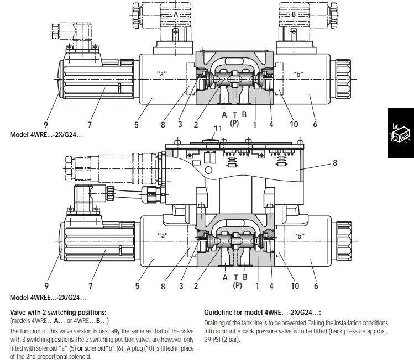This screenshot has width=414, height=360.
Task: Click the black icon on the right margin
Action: click(x=401, y=133)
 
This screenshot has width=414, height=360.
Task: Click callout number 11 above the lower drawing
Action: click(x=218, y=129)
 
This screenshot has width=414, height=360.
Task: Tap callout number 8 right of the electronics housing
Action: click(x=335, y=163)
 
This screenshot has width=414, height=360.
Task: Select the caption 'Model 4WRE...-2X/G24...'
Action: click(x=46, y=135)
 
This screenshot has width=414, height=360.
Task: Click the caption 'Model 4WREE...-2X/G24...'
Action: click(x=48, y=298)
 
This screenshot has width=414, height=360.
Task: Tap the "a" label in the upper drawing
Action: click(x=162, y=74)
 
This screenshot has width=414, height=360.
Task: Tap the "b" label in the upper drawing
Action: click(x=299, y=74)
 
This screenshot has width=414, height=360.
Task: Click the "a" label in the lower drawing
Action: click(x=163, y=236)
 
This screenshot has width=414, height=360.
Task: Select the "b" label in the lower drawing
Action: click(x=299, y=236)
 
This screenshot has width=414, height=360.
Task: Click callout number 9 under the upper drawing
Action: click(x=46, y=124)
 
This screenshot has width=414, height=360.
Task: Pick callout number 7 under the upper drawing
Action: click(x=90, y=124)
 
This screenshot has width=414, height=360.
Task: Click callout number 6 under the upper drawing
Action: click(x=315, y=124)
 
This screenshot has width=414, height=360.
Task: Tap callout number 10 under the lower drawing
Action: click(x=295, y=285)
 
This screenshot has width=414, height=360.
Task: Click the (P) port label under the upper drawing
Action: click(x=235, y=124)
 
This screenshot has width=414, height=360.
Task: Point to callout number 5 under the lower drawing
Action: click(x=136, y=285)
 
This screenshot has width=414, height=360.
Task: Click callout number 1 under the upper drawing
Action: click(x=255, y=124)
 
